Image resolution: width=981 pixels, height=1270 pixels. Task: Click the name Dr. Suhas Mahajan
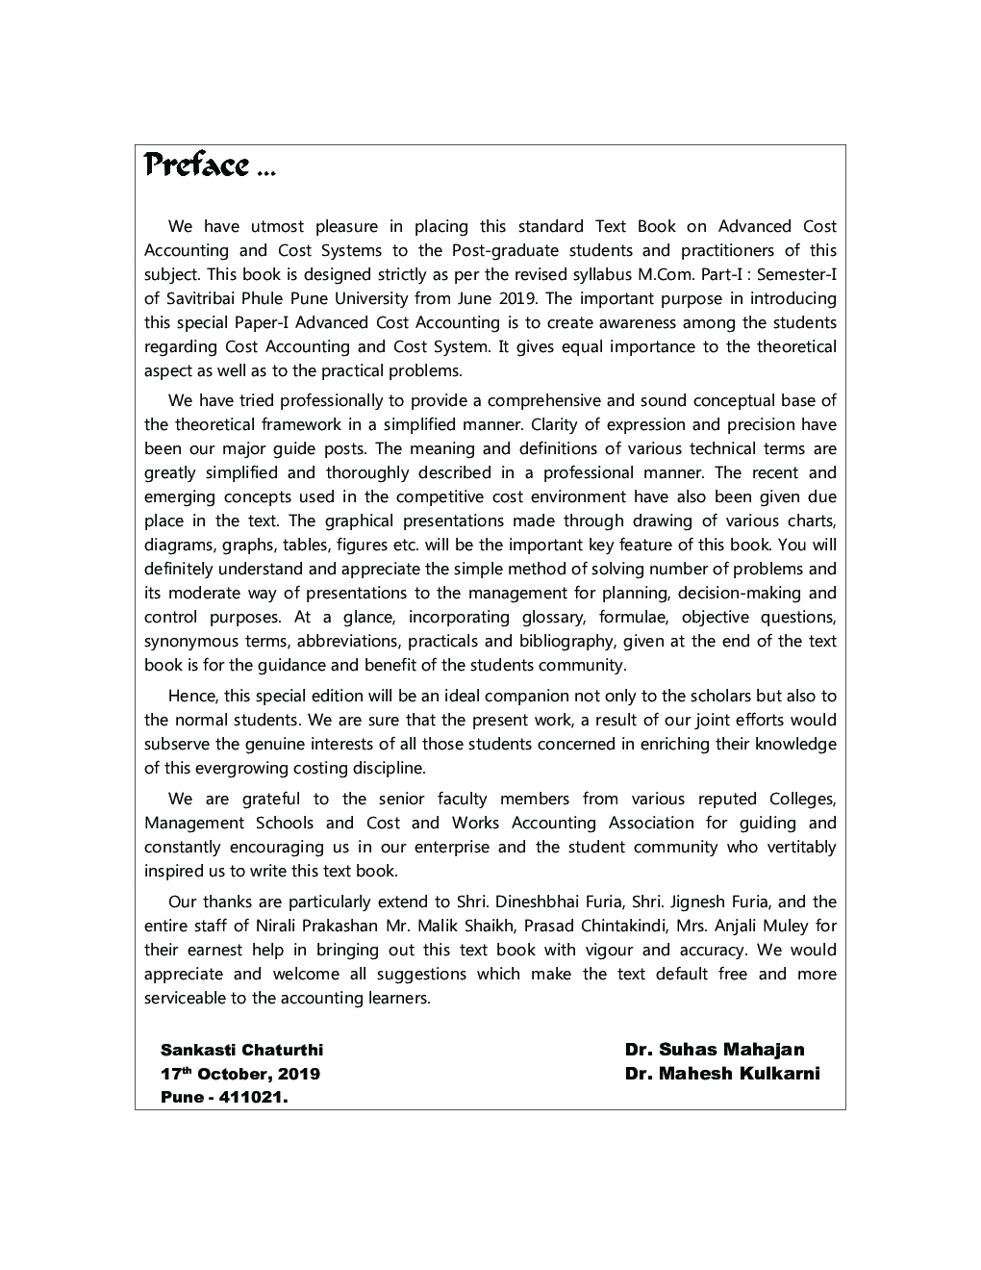(x=714, y=1050)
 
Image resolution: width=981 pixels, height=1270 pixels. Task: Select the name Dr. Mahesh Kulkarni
(x=721, y=1074)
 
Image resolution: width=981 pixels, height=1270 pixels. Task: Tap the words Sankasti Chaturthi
(x=241, y=1050)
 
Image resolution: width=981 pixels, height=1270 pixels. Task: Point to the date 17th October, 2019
(x=240, y=1074)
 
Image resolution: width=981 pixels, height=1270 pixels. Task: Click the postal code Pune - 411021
(x=225, y=1098)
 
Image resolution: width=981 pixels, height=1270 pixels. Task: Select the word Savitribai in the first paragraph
(x=200, y=298)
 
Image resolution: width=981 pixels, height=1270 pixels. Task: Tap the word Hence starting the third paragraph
(x=190, y=696)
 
